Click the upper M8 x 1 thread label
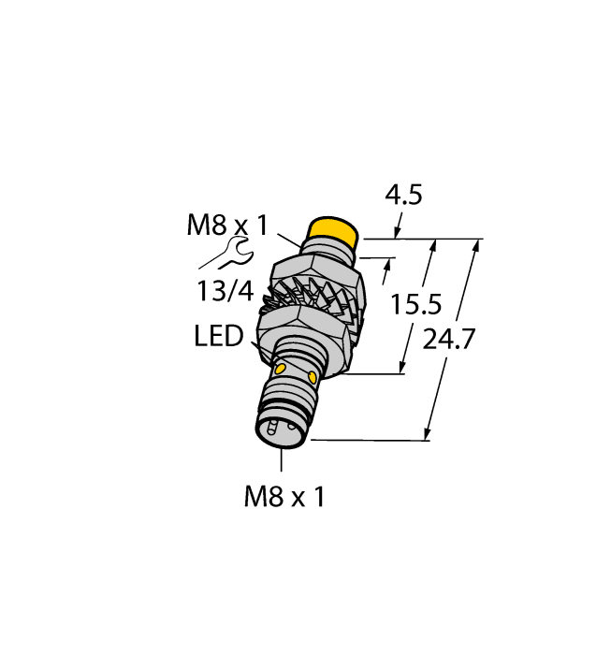point(227,226)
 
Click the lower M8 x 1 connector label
point(284,497)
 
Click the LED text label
point(220,335)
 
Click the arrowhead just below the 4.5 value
point(398,232)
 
